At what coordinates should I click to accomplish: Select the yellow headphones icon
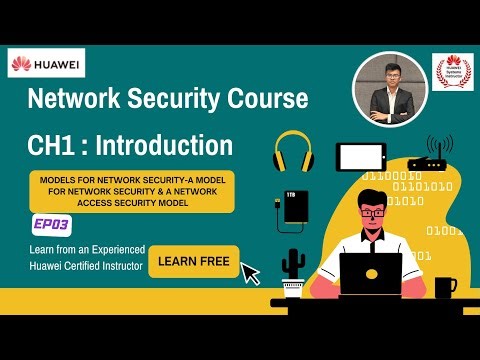294,151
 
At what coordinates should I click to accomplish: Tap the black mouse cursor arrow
250,272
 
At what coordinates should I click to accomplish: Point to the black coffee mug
444,287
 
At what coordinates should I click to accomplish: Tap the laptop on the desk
370,273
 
